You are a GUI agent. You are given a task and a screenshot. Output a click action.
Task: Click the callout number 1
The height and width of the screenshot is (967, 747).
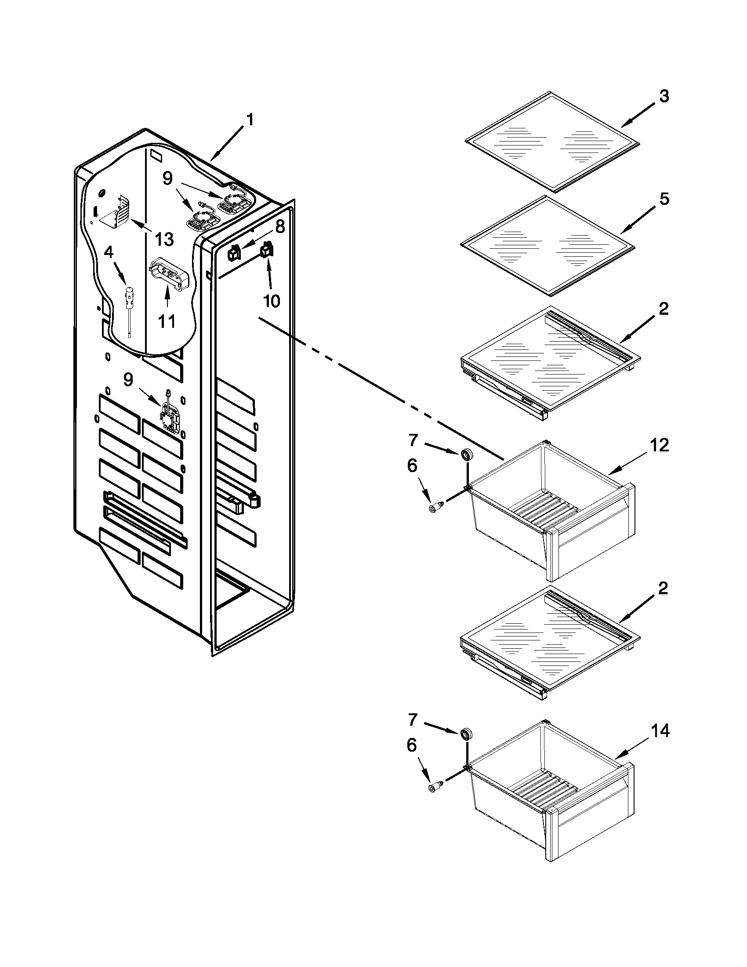click(250, 120)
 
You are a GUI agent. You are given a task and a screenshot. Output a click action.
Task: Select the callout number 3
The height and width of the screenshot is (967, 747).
click(664, 96)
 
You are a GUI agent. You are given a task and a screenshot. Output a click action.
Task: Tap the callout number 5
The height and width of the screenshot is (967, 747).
click(664, 199)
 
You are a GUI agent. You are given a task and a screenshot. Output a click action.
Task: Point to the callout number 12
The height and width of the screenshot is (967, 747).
click(660, 445)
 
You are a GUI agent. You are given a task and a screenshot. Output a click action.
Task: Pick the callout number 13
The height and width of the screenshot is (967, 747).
click(164, 239)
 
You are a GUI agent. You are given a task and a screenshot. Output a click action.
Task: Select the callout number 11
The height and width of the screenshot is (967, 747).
click(167, 321)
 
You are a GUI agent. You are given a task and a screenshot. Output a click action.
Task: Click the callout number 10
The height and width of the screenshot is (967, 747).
click(271, 301)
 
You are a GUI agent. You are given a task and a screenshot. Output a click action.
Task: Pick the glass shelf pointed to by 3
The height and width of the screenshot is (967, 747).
click(552, 142)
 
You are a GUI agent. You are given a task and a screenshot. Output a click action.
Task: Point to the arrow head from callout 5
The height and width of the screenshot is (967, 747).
click(624, 232)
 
